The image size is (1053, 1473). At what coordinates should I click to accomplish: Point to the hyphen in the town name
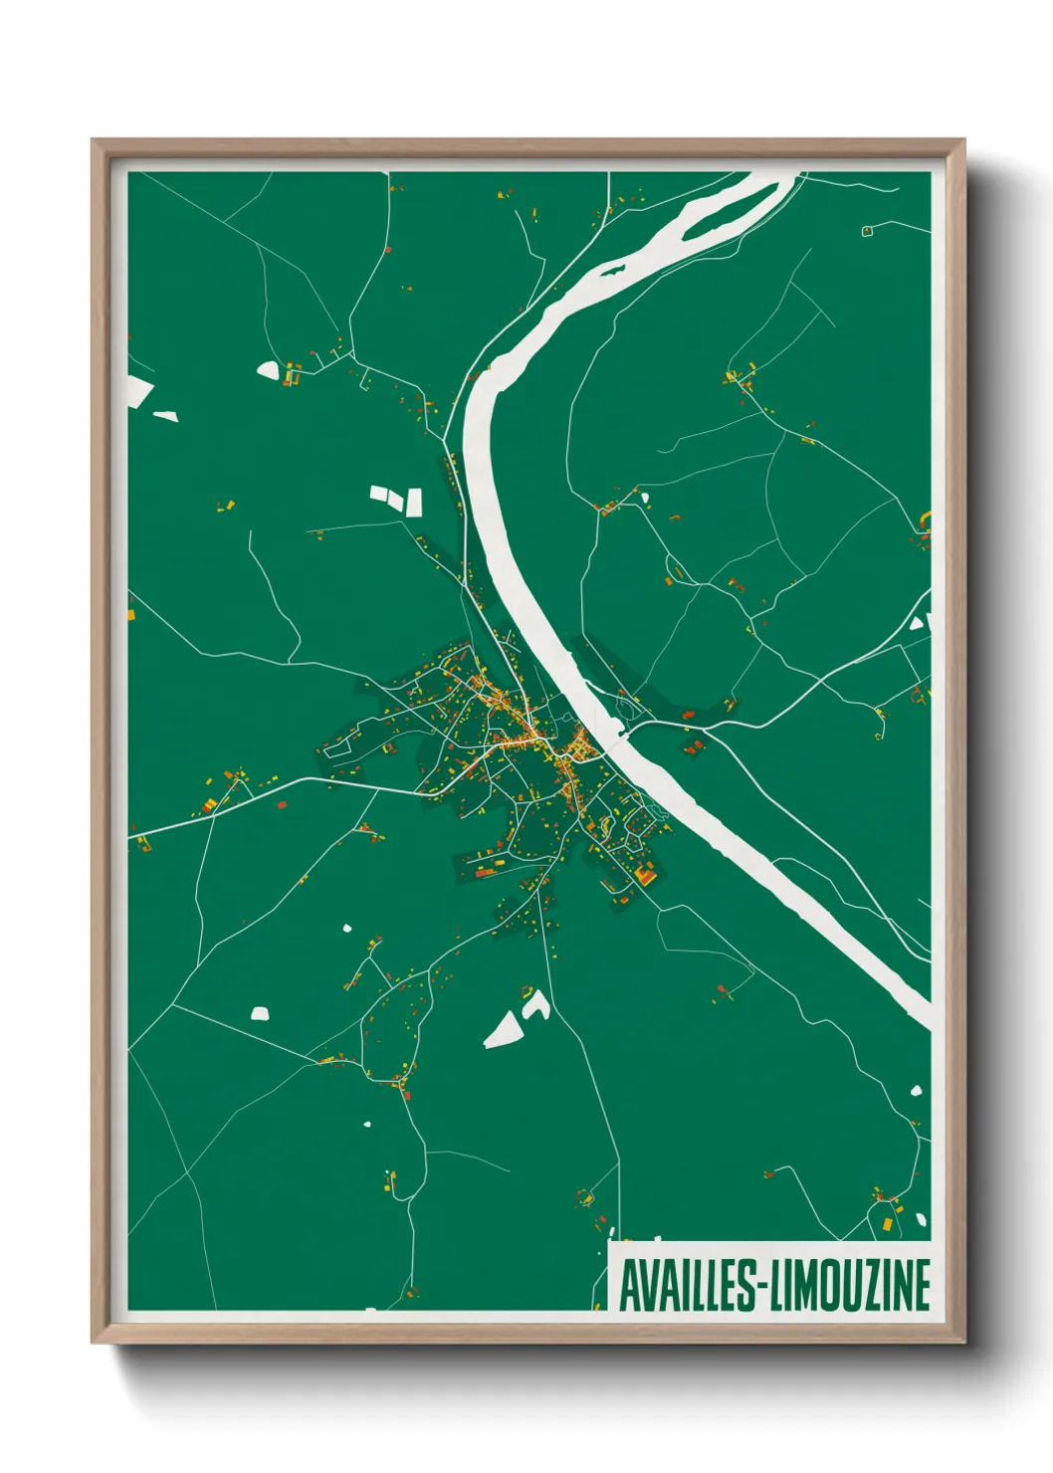[x=766, y=1286]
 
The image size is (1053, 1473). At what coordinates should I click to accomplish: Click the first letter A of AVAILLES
[x=630, y=1285]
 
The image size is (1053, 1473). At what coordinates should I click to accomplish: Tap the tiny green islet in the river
[x=611, y=268]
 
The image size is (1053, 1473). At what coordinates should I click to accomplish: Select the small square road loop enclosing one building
[x=866, y=231]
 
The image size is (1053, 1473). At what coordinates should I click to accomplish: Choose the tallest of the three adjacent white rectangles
[x=414, y=502]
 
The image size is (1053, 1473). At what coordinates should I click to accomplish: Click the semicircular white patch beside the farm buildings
[x=268, y=369]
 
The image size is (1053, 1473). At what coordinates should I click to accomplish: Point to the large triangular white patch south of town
[x=504, y=1031]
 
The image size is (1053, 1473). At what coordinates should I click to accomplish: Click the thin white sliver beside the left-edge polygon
[x=165, y=415]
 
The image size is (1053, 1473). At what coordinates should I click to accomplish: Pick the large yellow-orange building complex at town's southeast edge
[x=645, y=876]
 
